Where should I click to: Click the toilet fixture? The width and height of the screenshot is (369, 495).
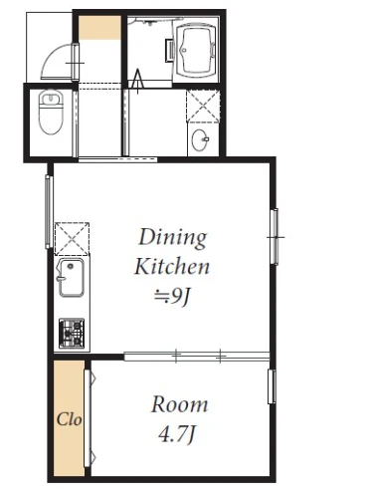click(51, 112)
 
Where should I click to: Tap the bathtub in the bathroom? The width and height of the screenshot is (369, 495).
click(196, 50)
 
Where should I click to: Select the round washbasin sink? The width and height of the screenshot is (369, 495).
click(200, 139)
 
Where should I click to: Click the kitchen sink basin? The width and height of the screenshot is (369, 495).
click(71, 278)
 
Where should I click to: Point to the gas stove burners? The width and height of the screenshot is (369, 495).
click(72, 334)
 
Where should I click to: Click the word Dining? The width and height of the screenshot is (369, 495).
click(173, 238)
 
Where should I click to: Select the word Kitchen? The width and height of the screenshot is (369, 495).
click(172, 266)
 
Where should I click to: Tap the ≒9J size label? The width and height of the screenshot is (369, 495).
click(171, 296)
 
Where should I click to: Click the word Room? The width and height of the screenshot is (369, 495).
click(179, 404)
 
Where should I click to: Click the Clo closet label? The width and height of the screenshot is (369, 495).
click(69, 419)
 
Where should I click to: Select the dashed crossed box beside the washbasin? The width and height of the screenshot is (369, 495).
click(203, 106)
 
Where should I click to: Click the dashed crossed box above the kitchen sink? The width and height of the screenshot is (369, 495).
click(72, 239)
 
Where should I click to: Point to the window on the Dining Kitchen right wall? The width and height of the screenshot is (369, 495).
click(275, 236)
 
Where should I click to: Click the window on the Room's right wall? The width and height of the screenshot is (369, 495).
click(272, 386)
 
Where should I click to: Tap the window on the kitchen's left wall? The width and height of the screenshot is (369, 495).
click(49, 212)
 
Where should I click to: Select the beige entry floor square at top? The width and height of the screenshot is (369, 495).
click(99, 28)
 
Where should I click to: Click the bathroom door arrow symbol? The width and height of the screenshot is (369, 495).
click(137, 81)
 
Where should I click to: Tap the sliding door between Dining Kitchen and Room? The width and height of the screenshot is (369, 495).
click(197, 356)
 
